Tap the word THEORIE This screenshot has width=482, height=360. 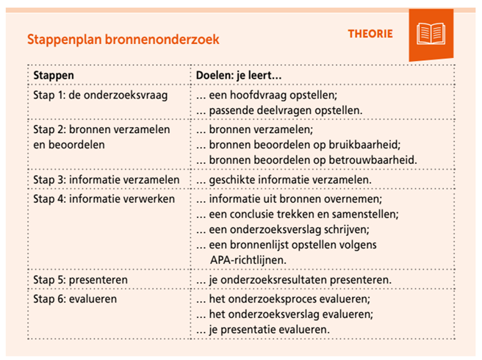[370, 34]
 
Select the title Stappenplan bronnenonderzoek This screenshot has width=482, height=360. [123, 38]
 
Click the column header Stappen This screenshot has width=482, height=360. [54, 76]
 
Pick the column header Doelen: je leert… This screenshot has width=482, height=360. [240, 76]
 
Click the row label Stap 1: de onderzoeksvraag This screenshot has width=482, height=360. [98, 96]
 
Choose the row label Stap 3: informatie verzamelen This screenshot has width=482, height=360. [106, 179]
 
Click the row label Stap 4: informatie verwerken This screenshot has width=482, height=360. [104, 199]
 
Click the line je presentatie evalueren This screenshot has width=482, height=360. [262, 330]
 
